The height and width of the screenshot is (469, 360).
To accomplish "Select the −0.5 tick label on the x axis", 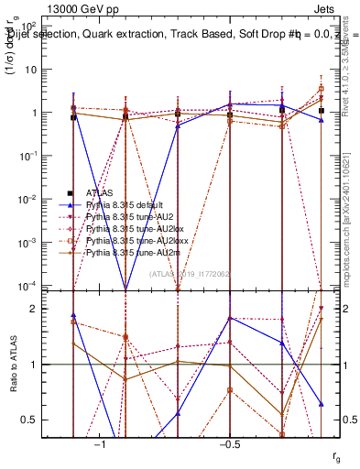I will (230, 443).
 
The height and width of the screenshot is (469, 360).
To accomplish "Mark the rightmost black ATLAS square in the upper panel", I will (321, 110).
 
